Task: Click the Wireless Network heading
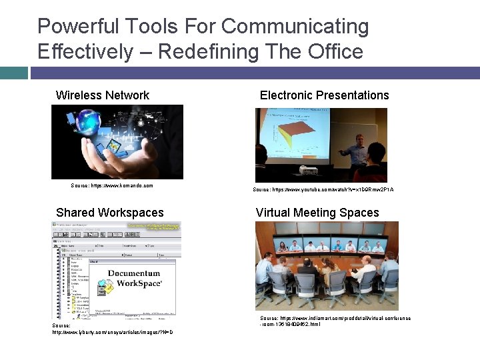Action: pyautogui.click(x=103, y=95)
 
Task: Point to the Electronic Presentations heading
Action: pyautogui.click(x=324, y=95)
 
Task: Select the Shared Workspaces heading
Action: pyautogui.click(x=110, y=213)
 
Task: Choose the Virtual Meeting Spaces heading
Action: pyautogui.click(x=317, y=213)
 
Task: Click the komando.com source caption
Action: pyautogui.click(x=111, y=185)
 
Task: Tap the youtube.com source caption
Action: pyautogui.click(x=323, y=189)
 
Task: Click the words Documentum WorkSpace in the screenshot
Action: pyautogui.click(x=134, y=279)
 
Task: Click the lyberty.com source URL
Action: pyautogui.click(x=113, y=331)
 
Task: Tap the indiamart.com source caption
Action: pyautogui.click(x=335, y=321)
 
